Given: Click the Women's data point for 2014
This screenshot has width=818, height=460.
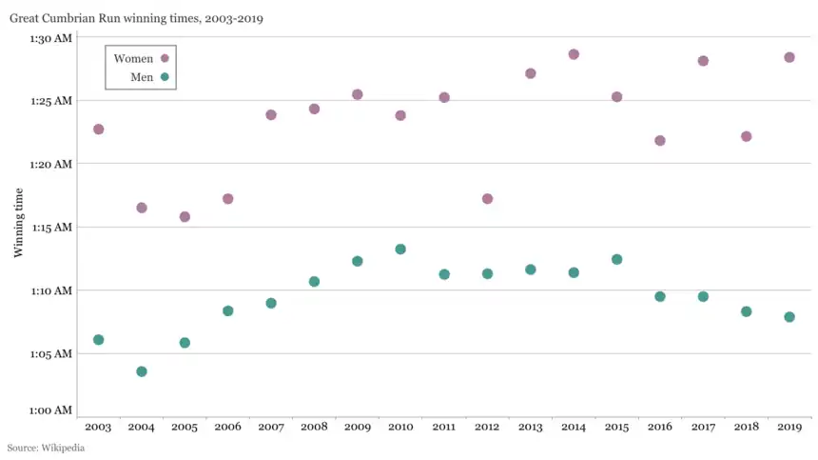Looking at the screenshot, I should point(574,54).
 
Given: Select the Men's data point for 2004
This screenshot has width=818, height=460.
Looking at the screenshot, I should point(142,371).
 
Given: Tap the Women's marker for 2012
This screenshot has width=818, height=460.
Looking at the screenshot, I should point(487,199).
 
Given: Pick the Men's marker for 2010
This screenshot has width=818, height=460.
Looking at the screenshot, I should point(400,250).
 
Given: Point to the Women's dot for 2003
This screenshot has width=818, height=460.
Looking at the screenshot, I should point(98,130).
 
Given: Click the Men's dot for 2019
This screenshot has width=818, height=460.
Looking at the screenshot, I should point(789,317).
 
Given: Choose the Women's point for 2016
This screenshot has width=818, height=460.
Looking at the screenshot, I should point(660,141).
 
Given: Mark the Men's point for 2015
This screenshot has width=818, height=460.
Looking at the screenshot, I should point(616,259).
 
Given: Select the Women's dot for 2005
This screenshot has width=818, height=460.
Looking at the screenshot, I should point(185,217).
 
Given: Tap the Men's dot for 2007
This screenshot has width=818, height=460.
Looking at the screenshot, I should point(271,303).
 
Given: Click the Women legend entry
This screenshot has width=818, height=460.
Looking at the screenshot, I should point(141,59).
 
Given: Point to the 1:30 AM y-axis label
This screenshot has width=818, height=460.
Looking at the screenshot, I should point(50,38).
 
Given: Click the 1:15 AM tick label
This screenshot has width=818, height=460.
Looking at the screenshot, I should point(50,228).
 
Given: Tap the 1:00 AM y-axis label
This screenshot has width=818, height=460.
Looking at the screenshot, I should point(50,410).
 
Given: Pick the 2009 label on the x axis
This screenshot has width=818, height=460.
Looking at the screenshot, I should point(357,428).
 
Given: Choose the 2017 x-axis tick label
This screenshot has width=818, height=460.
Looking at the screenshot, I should point(703,428).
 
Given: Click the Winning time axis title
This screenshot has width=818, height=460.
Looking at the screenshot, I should point(18,222).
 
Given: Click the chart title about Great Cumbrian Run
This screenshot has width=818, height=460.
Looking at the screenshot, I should point(137,18).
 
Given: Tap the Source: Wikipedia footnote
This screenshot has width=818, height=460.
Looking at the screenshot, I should point(46,448).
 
